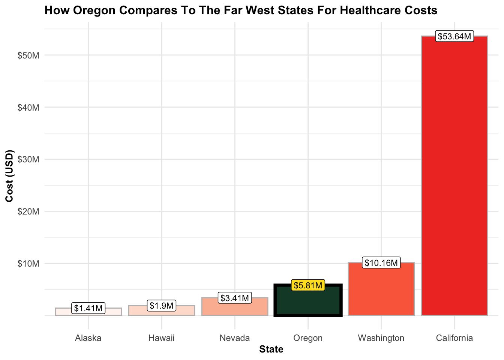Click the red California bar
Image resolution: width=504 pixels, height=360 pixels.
point(454,176)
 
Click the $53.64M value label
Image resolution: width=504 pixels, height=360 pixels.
point(454,37)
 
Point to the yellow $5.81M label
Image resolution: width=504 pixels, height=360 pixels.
point(308,286)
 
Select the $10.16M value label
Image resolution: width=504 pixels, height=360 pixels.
point(381,263)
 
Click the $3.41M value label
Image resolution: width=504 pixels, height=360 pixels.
point(235,298)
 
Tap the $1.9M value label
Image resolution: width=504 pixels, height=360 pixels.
point(162,306)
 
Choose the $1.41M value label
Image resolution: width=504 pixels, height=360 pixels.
point(88,309)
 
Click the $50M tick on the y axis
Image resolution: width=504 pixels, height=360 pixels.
point(28,55)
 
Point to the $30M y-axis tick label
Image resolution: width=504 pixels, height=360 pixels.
point(28,159)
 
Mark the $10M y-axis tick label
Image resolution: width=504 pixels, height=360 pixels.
point(28,264)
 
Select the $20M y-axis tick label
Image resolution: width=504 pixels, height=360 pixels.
point(28,211)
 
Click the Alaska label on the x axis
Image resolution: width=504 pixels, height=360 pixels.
point(88,338)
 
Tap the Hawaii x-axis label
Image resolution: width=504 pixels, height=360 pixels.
point(162,338)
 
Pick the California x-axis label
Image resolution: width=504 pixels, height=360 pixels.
point(454,338)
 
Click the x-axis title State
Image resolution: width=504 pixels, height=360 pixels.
point(271,350)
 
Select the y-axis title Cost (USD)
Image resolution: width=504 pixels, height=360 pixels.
point(10,176)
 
